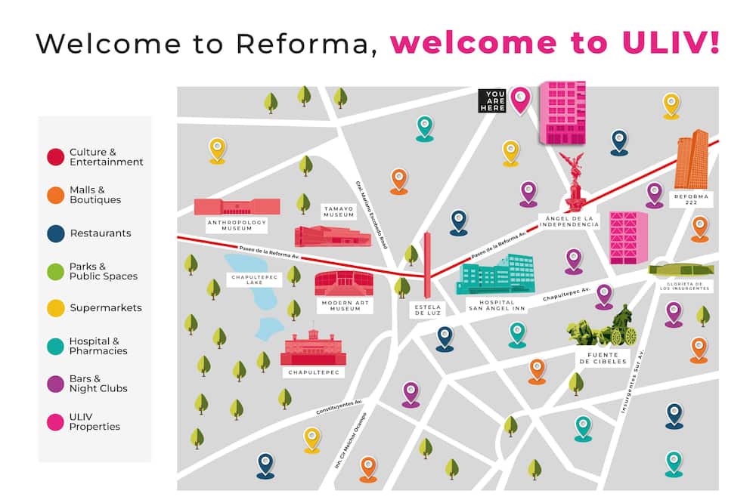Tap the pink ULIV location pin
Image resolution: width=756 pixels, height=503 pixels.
tap(519, 99)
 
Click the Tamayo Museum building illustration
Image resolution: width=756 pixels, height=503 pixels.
tap(332, 236)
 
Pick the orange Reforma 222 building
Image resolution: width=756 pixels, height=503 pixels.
tap(691, 159)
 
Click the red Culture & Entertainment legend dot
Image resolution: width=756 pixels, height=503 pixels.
tap(55, 157)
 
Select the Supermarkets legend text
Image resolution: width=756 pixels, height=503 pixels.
tap(105, 308)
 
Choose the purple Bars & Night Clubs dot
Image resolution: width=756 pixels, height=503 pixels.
tap(55, 384)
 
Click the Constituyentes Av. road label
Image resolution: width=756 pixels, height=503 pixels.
tap(339, 406)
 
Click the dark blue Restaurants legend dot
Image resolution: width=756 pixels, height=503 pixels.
tap(55, 233)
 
